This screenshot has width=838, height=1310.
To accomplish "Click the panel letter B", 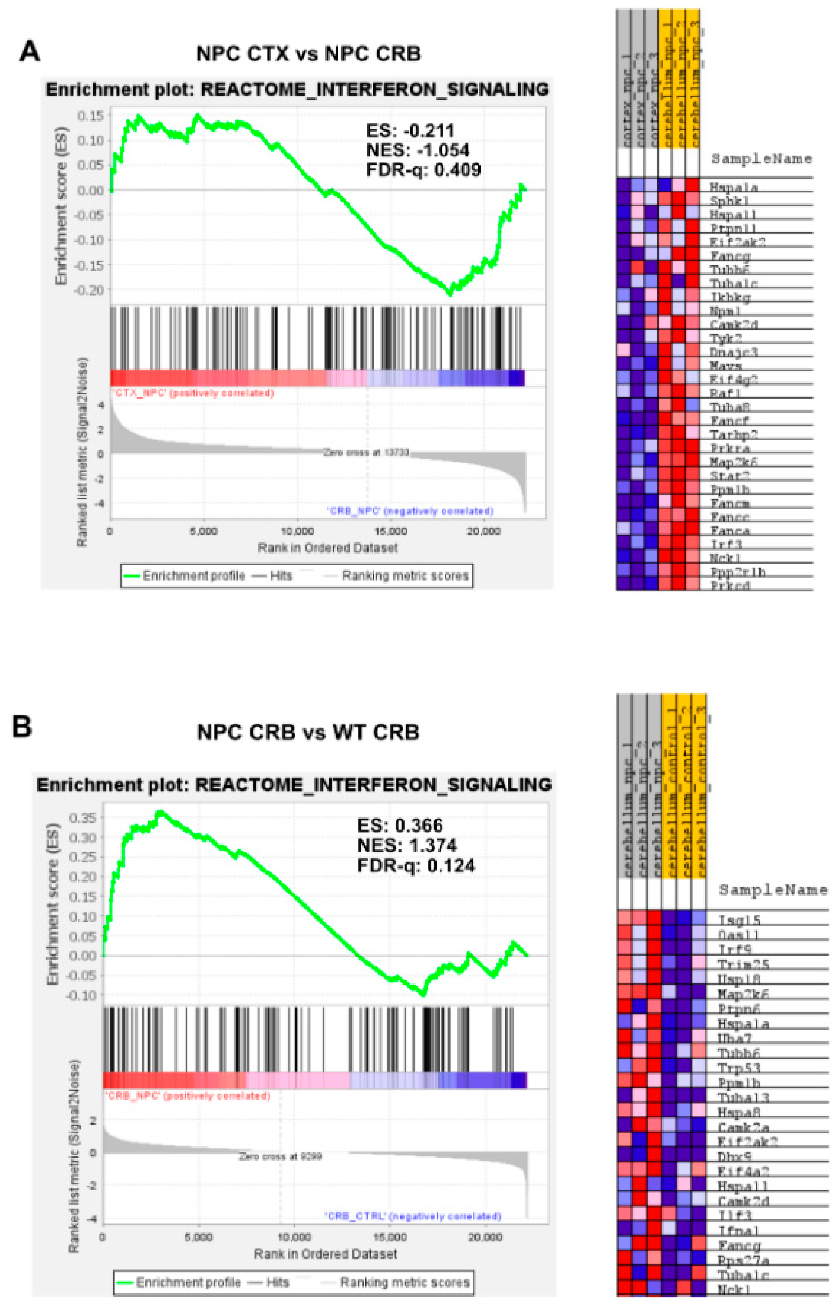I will pyautogui.click(x=22, y=727).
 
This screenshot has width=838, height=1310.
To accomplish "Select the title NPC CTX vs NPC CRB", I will pyautogui.click(x=309, y=54).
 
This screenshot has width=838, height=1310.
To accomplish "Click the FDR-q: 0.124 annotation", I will pyautogui.click(x=416, y=866).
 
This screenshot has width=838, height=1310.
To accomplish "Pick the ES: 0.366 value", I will pyautogui.click(x=400, y=825).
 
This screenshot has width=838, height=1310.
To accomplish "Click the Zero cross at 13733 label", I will pyautogui.click(x=366, y=453).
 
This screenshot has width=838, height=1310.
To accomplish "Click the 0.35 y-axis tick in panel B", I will pyautogui.click(x=83, y=817).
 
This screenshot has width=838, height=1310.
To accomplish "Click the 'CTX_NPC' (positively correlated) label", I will pyautogui.click(x=193, y=393).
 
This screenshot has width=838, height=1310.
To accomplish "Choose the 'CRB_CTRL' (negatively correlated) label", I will pyautogui.click(x=413, y=1216).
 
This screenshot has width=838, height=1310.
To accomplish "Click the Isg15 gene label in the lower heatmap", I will pyautogui.click(x=739, y=920).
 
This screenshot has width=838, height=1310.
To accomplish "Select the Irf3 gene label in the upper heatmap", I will pyautogui.click(x=726, y=544).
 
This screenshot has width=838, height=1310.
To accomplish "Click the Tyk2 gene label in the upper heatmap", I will pyautogui.click(x=726, y=338).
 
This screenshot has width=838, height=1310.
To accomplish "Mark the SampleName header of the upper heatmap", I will pyautogui.click(x=761, y=159).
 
